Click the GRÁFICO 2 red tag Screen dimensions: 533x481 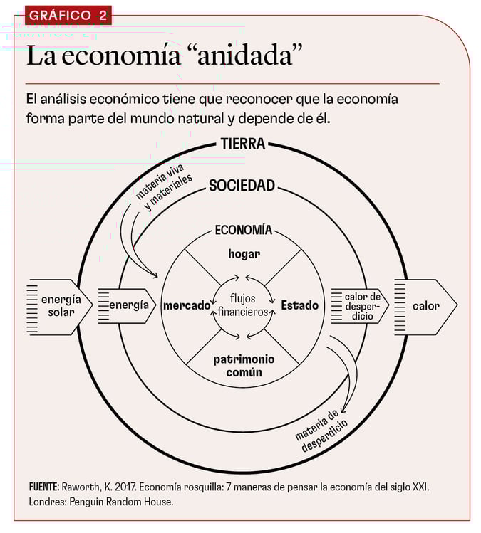[x=68, y=15]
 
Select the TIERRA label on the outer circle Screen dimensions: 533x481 [x=243, y=144]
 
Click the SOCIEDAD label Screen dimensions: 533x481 [x=242, y=186]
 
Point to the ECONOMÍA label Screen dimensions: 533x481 [x=243, y=230]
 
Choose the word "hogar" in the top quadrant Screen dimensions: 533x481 [x=244, y=253]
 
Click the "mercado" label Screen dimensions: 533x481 [x=187, y=305]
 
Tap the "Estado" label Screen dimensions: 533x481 [x=299, y=305]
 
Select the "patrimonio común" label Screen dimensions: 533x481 [x=243, y=365]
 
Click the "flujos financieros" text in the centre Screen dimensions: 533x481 [x=243, y=305]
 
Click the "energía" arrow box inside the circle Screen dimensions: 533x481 [x=128, y=305]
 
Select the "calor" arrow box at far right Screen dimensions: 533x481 [x=425, y=306]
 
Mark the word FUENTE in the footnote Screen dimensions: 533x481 [x=44, y=487]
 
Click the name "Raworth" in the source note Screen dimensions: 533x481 [x=84, y=487]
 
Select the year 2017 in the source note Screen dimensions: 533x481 [x=123, y=487]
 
